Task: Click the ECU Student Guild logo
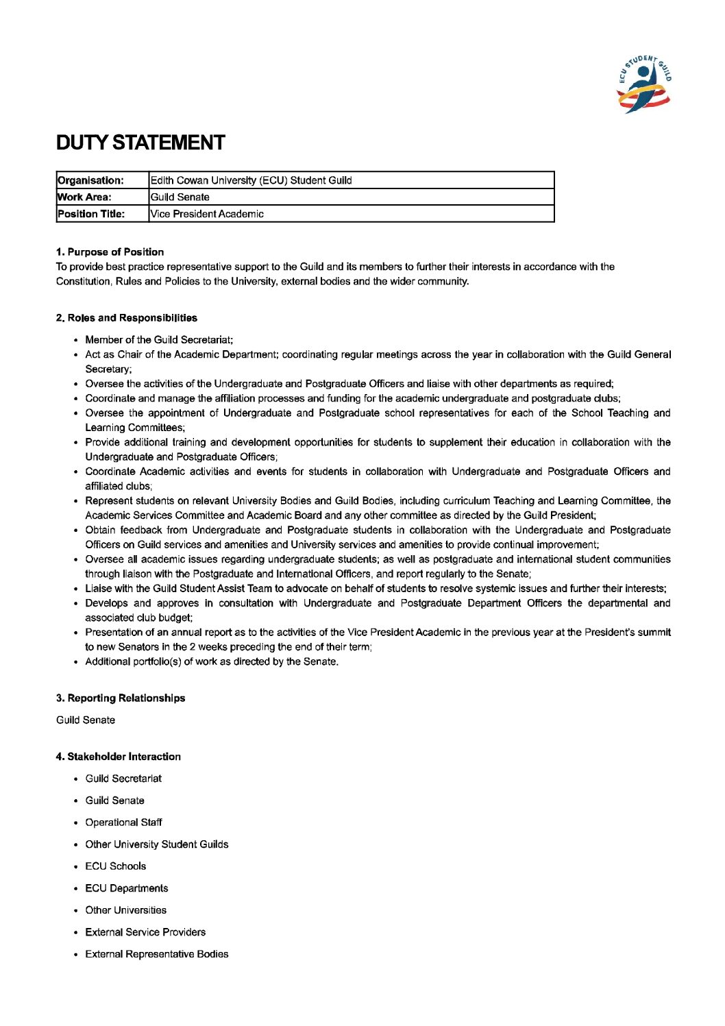[x=645, y=84]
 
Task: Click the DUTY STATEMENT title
[x=140, y=143]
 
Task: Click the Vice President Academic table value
[x=207, y=214]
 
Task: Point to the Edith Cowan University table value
[x=251, y=181]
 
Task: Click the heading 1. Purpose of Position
[x=110, y=252]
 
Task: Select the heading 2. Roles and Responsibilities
[x=127, y=318]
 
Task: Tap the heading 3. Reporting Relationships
[x=121, y=698]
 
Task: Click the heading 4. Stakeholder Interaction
[x=119, y=757]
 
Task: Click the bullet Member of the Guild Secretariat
[x=159, y=340]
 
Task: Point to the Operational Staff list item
[x=123, y=822]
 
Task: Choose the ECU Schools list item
[x=115, y=866]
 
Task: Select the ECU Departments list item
[x=126, y=888]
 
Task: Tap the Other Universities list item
[x=125, y=910]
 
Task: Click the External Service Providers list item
[x=145, y=932]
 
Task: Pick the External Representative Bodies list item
[x=156, y=954]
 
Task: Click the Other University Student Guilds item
[x=156, y=844]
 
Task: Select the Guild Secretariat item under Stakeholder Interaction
[x=123, y=779]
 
